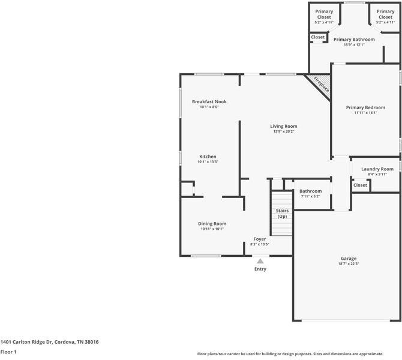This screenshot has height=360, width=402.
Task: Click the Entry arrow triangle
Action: [260, 261]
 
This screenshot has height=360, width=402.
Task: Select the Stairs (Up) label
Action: [282, 213]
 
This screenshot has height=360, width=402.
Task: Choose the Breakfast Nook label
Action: [209, 102]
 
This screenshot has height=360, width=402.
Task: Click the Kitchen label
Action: [208, 157]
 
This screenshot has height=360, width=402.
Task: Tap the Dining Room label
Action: [212, 224]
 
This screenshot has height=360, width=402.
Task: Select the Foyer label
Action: [259, 239]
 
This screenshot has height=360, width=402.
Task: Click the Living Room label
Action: [283, 126]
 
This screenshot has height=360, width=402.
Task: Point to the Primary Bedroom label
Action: [365, 107]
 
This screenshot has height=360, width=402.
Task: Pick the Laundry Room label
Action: [377, 169]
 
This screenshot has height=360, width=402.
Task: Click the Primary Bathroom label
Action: [359, 40]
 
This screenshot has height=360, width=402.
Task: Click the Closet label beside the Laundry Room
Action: [360, 185]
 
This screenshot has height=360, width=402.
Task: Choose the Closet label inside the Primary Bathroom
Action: [318, 37]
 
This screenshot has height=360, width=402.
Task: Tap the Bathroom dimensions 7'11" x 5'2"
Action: [310, 196]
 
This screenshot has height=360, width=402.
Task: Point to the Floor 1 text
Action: [8, 352]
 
